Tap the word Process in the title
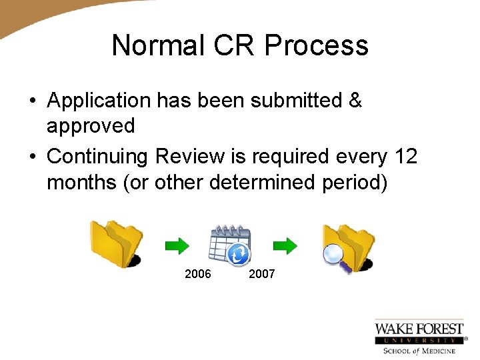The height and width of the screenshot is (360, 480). (x=316, y=45)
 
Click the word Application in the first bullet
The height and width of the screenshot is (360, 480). (x=99, y=101)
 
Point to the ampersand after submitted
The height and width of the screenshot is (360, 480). (x=355, y=101)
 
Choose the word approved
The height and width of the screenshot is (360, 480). (x=91, y=125)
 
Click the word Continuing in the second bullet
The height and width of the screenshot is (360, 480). (x=98, y=156)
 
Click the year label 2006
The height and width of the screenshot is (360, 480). (x=197, y=274)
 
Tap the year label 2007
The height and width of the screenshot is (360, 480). (x=261, y=274)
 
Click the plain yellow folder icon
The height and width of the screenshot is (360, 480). (x=117, y=243)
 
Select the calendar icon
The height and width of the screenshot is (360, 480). (x=229, y=244)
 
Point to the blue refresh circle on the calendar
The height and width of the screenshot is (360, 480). (x=239, y=253)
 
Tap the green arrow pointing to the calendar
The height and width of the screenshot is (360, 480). (x=177, y=246)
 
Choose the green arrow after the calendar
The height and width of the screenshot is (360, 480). (x=285, y=246)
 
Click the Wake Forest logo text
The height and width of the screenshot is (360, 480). (x=419, y=329)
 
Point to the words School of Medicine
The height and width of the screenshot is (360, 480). (x=419, y=351)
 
